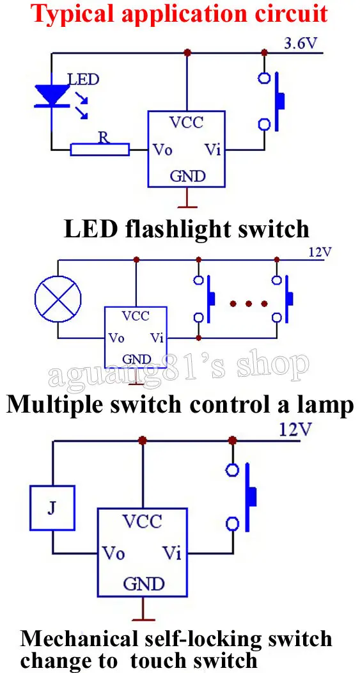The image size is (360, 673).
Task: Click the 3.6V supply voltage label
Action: tap(301, 44)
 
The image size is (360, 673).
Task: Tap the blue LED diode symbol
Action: tap(52, 95)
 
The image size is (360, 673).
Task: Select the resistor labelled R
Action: tap(100, 149)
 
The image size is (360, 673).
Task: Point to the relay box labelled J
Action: tap(52, 507)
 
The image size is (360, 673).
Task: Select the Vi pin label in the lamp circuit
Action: tap(157, 338)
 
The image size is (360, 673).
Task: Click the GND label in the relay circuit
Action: tap(144, 583)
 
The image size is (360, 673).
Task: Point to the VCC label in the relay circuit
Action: tap(143, 521)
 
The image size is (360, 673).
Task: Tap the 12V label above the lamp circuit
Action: tap(320, 252)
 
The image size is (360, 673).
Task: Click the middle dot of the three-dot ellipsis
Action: tap(249, 304)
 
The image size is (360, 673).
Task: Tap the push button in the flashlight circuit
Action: tap(272, 101)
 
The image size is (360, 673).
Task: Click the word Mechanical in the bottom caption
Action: tap(80, 639)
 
